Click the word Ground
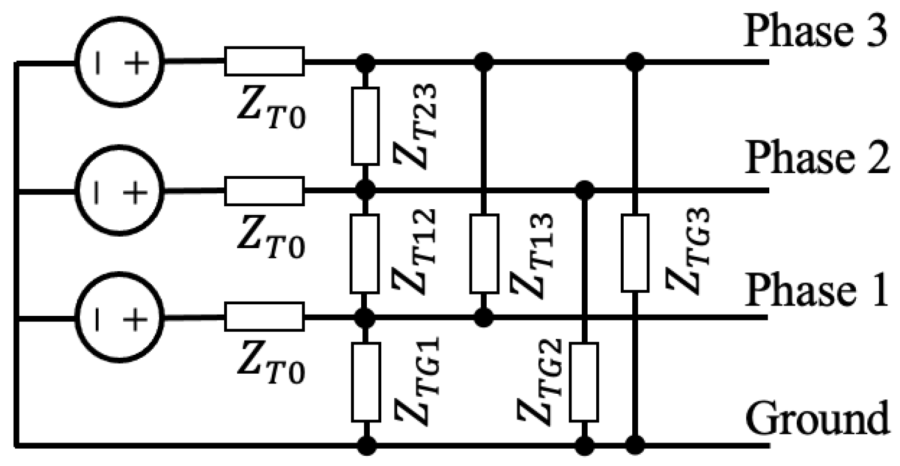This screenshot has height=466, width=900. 817,418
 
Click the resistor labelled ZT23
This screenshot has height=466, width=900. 365,126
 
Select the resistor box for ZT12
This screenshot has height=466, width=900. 365,253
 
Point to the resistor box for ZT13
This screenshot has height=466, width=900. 484,253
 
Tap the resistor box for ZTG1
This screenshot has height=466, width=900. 365,382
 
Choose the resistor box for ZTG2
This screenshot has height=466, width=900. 584,382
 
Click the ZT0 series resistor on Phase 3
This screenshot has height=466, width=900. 264,61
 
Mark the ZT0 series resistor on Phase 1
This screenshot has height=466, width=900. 264,317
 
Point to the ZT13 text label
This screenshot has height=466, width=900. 533,256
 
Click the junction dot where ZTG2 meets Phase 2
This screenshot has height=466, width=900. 584,189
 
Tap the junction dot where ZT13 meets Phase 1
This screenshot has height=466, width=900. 484,317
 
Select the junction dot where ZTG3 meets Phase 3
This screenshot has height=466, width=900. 634,61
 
